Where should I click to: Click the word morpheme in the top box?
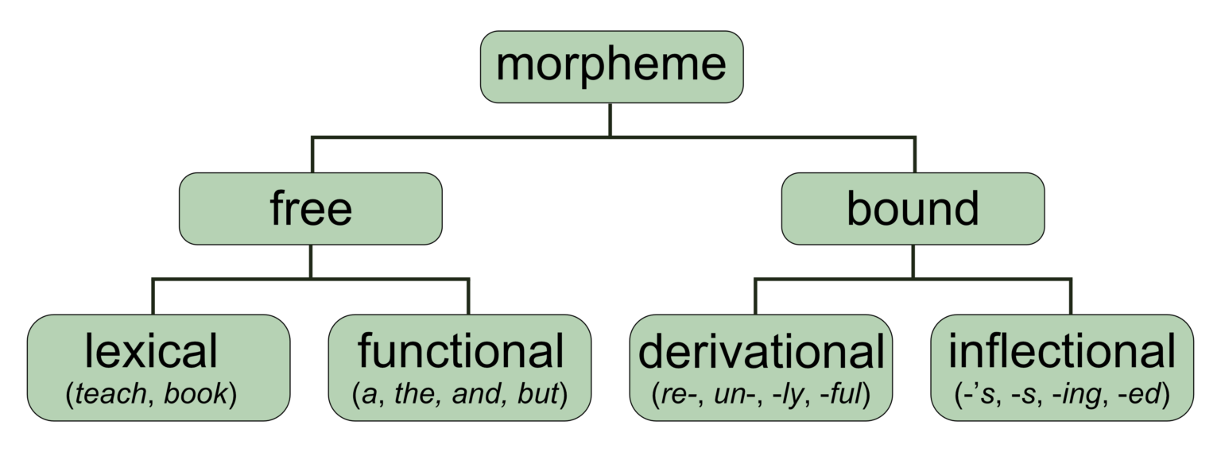[x=610, y=65]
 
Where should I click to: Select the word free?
[x=310, y=208]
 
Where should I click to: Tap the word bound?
[x=912, y=208]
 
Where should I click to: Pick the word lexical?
[x=151, y=351]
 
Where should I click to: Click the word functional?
[x=460, y=351]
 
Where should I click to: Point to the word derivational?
[x=761, y=351]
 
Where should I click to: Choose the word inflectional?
[x=1061, y=351]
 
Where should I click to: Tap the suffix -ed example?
[x=1145, y=395]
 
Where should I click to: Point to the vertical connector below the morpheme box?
[x=610, y=119]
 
